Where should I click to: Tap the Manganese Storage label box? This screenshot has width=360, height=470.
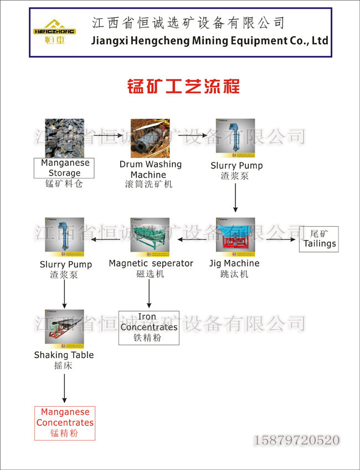pos(65,168)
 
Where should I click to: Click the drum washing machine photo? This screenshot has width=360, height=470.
pos(150,138)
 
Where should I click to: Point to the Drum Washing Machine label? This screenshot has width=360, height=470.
pos(150,170)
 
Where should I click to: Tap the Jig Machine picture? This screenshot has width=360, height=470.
pos(235,237)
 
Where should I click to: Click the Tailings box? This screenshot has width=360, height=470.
pos(318,239)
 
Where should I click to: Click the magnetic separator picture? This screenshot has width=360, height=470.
pos(150,237)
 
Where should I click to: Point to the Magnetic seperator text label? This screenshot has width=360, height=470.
pos(151,263)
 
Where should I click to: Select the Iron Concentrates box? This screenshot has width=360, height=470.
pos(148,327)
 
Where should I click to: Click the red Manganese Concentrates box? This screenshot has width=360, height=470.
pos(65,423)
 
